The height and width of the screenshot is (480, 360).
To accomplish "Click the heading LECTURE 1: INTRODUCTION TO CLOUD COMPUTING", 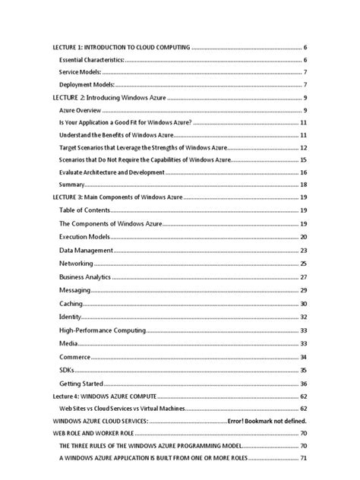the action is click(x=122, y=47).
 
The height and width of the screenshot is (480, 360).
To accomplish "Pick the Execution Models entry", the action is click(x=84, y=238).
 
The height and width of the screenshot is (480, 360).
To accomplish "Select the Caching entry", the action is click(x=71, y=304).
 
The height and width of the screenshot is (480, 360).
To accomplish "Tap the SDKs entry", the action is click(x=68, y=371).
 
